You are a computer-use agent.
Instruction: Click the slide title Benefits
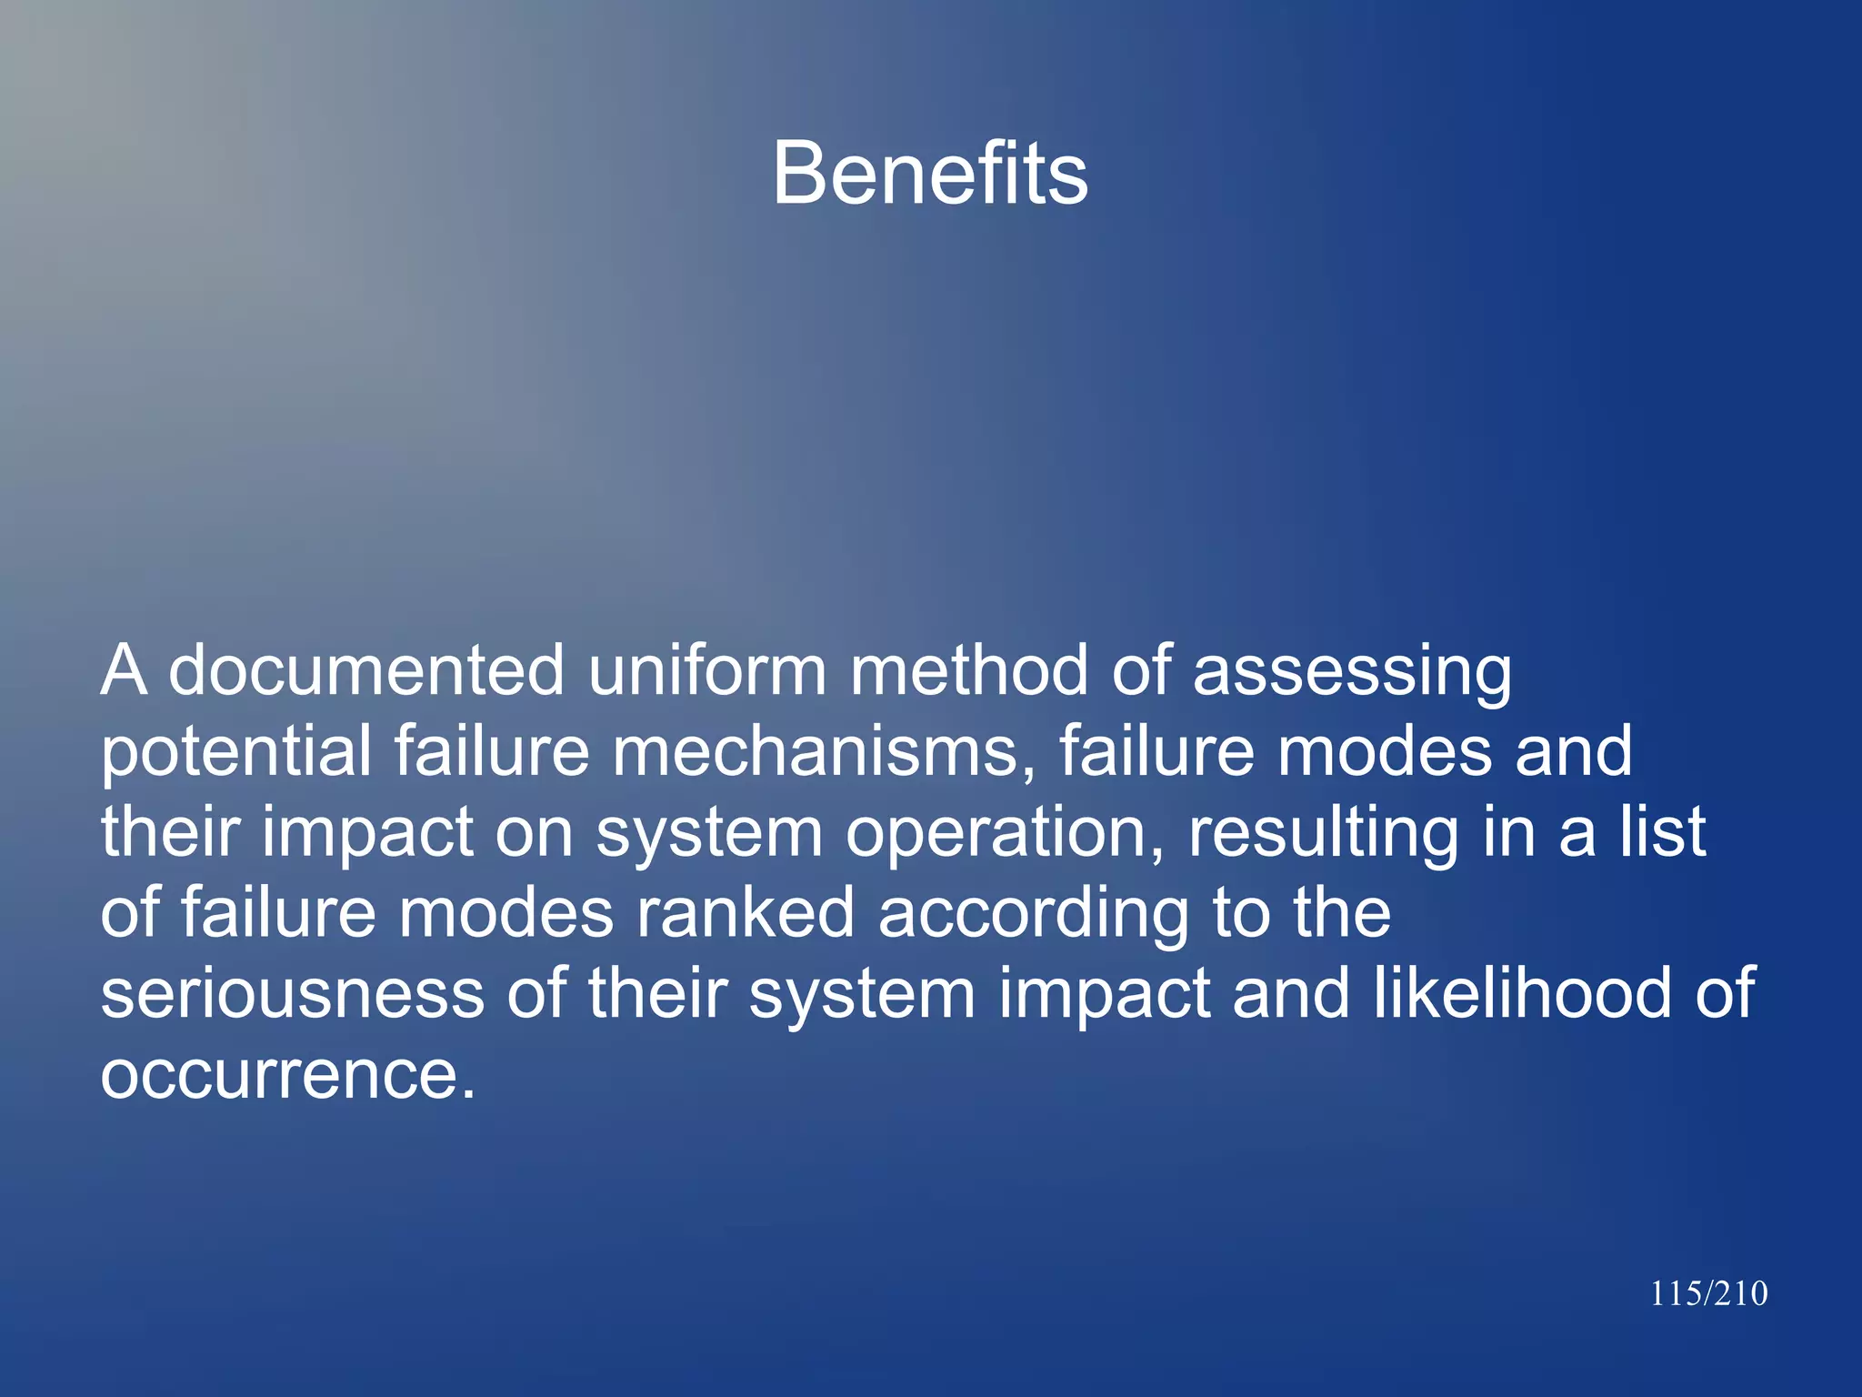pyautogui.click(x=930, y=174)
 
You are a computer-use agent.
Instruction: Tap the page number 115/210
pyautogui.click(x=1708, y=1293)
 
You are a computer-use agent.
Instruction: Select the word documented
pyautogui.click(x=366, y=671)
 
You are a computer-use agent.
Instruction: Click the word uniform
pyautogui.click(x=706, y=671)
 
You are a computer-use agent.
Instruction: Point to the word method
pyautogui.click(x=967, y=671)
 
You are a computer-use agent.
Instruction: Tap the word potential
pyautogui.click(x=235, y=753)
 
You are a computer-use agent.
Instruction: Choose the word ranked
pyautogui.click(x=745, y=913)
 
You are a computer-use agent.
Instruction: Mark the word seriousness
pyautogui.click(x=292, y=994)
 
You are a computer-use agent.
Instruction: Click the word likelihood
pyautogui.click(x=1522, y=993)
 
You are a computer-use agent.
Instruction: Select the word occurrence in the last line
pyautogui.click(x=287, y=1075)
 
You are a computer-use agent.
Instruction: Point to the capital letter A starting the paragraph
pyautogui.click(x=124, y=671)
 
